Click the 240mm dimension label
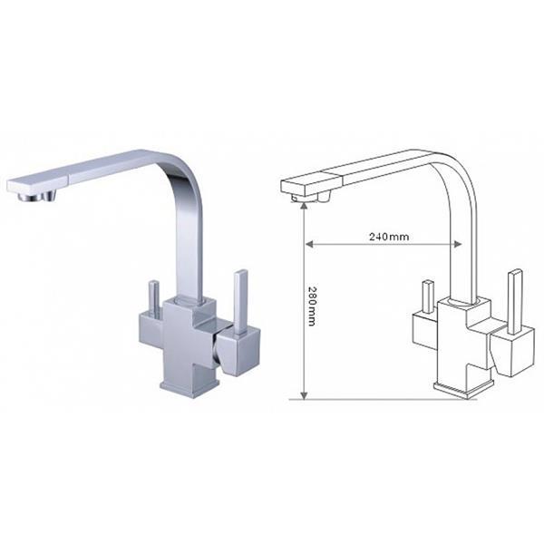tap(389, 237)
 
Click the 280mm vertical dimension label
tap(312, 306)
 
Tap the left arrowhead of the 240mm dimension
tap(309, 244)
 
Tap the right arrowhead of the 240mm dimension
tap(457, 244)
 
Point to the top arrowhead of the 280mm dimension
tap(304, 206)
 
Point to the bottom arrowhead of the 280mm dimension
tap(304, 395)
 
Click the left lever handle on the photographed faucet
tap(154, 297)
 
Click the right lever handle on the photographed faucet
tap(240, 302)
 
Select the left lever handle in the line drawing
tap(428, 297)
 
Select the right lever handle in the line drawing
tap(514, 301)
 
